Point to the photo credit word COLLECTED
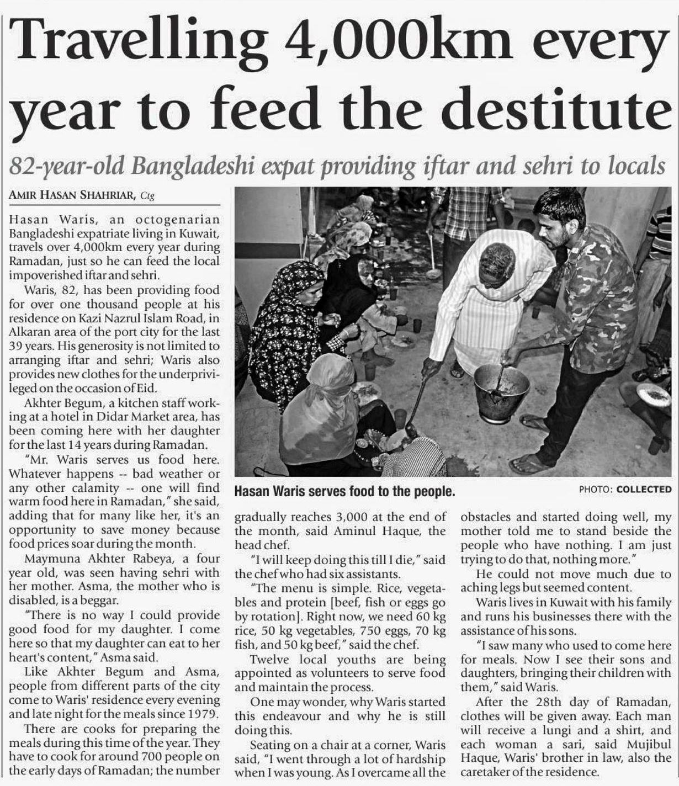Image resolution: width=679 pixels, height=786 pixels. [644, 489]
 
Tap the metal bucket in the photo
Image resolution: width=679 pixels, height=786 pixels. [501, 392]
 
